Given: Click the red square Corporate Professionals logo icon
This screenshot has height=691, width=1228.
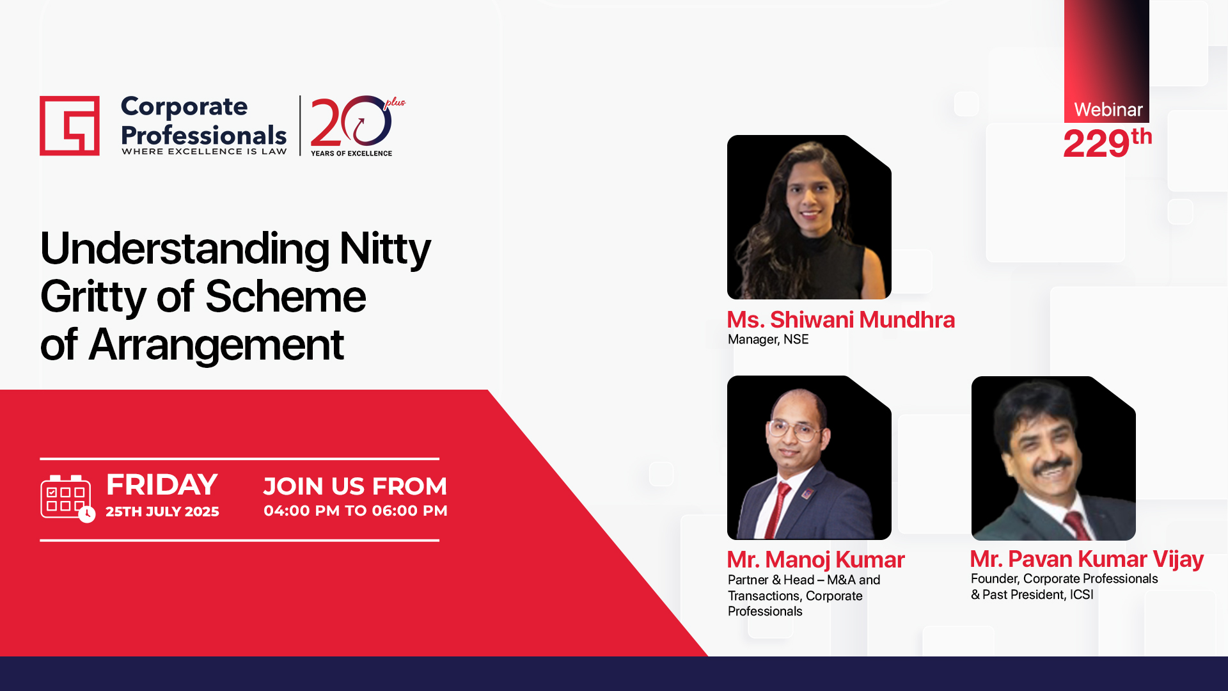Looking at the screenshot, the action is (70, 125).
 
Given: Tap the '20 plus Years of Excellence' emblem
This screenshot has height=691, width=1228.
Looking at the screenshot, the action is (358, 126).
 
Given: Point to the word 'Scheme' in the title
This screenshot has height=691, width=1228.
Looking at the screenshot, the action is (285, 297).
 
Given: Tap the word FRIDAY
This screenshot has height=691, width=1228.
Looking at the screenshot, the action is (162, 485).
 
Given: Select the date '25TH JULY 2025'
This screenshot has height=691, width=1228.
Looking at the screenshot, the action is (162, 512).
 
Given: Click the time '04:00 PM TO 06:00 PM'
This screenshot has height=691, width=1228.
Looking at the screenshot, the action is (356, 511).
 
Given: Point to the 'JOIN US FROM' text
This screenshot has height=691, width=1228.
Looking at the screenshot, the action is (355, 486).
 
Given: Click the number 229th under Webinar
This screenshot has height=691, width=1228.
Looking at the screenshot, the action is (1107, 143).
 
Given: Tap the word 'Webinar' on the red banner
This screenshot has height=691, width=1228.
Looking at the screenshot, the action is (1108, 109).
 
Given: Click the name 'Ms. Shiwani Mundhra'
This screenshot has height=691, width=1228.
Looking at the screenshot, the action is (841, 319).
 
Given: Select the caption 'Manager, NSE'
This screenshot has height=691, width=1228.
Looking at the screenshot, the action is (768, 339).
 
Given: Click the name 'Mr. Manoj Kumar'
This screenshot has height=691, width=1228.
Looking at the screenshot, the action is (816, 560).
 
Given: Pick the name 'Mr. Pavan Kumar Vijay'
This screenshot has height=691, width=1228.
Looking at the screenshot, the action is (1087, 559).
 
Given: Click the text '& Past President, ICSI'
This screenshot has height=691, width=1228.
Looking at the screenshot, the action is (1032, 594).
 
